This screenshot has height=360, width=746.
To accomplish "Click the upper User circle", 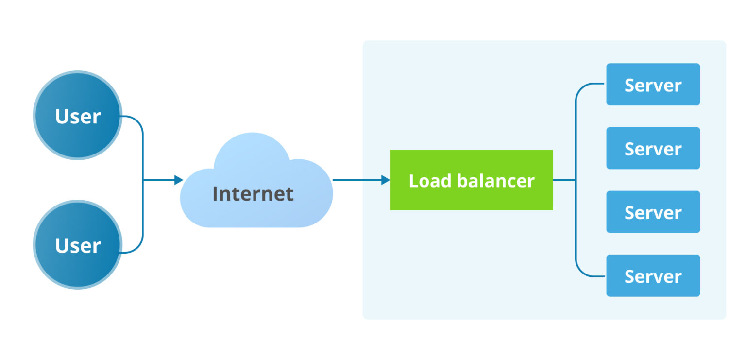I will (78, 115).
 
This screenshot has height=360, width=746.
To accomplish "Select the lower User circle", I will (78, 244).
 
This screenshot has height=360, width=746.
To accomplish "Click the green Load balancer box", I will (471, 180).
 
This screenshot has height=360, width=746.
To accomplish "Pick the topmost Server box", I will (653, 85).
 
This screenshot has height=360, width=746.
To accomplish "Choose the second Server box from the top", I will (653, 148).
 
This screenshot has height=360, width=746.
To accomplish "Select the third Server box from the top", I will (653, 212).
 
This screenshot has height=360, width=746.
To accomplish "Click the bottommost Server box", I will (653, 275).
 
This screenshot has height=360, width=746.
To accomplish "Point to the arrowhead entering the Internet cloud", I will (179, 180).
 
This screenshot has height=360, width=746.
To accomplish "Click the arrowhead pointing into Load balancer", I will (386, 180).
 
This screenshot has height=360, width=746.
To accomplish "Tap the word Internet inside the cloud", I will (253, 194).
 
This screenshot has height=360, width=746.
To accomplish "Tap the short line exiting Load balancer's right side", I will (564, 180).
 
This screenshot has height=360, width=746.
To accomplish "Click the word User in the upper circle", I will (78, 117).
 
